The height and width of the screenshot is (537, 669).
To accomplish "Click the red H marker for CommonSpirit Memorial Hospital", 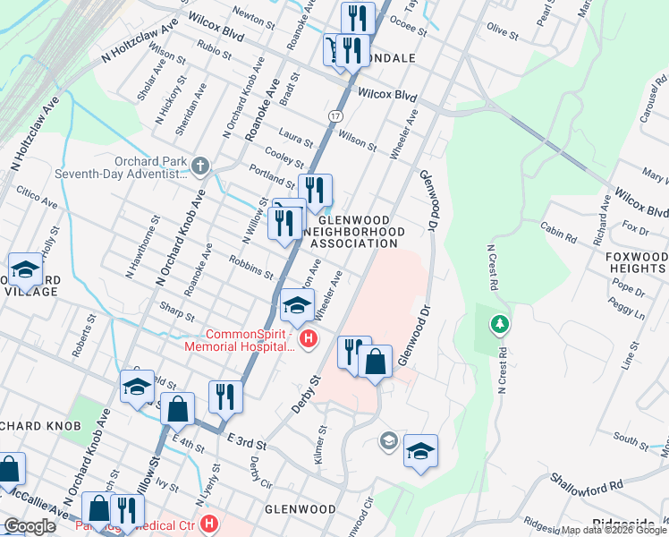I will click(309, 338).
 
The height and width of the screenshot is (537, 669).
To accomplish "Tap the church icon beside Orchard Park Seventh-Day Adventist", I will click(200, 166).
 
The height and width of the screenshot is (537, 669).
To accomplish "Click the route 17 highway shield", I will click(334, 116).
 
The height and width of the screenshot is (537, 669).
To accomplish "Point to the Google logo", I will click(30, 526).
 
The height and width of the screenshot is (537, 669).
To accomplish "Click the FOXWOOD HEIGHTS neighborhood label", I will click(635, 261).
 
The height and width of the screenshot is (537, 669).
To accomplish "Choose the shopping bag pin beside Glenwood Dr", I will click(376, 362).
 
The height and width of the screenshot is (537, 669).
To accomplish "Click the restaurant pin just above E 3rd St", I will click(225, 396).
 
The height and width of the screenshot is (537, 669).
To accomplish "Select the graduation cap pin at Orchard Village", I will click(25, 269).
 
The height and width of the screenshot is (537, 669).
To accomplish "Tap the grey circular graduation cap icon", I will click(388, 440).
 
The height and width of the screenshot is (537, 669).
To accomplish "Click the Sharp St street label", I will click(177, 316).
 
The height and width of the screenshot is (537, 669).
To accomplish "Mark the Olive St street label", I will click(503, 33).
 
